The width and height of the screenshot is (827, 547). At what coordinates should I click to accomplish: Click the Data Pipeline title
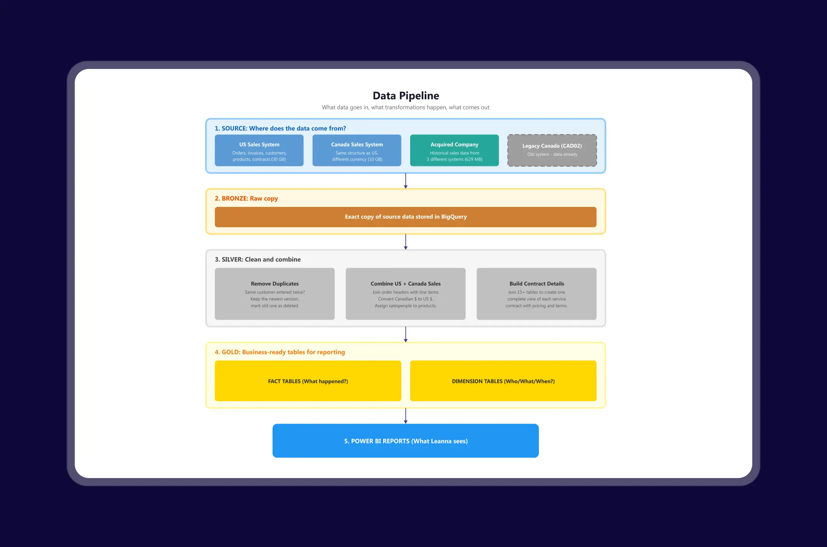[406, 95]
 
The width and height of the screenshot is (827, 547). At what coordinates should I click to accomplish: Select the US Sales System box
[259, 150]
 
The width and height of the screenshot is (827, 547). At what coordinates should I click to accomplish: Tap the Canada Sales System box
[357, 150]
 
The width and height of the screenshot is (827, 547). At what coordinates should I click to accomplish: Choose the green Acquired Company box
[454, 150]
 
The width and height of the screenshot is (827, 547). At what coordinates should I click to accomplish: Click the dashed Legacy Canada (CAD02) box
[552, 150]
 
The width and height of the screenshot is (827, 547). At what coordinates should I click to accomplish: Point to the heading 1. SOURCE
[280, 128]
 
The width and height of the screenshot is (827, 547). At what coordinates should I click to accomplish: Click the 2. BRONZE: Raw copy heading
[246, 198]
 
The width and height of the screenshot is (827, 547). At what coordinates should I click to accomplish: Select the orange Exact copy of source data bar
[405, 217]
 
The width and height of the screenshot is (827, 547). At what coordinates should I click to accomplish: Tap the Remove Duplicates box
[274, 294]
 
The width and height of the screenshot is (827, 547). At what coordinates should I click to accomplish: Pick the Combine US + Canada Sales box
[405, 294]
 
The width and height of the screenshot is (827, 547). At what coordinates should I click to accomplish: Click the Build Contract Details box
[536, 294]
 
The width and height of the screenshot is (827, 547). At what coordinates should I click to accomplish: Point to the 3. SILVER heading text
[257, 259]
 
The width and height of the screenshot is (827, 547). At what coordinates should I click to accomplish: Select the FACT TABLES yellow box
[308, 381]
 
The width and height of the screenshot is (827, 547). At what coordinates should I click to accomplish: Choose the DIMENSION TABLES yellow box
[503, 381]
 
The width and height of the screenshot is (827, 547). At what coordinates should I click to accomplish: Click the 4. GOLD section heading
[280, 352]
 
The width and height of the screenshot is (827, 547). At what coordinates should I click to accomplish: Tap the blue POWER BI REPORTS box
[405, 441]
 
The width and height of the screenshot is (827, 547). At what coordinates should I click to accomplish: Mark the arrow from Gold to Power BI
[406, 416]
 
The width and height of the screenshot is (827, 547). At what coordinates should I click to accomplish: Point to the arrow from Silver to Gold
[406, 335]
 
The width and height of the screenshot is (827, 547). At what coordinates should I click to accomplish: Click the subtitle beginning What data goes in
[405, 108]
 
